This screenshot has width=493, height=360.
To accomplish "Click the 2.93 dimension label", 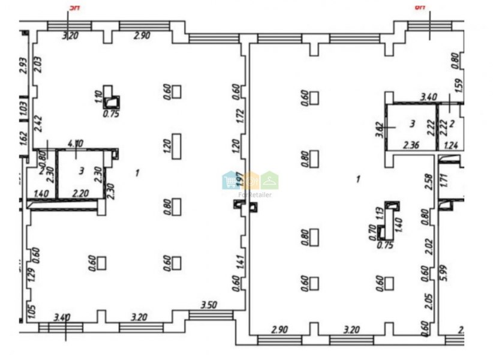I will click(23, 65).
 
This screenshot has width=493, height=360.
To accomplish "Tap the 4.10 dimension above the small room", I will click(76, 143).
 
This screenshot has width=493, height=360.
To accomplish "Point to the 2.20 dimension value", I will click(81, 193).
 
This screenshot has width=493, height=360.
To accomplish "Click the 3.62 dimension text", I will click(379, 130).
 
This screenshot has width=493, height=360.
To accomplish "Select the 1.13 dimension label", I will click(378, 214).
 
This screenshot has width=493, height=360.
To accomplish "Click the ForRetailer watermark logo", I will click(251, 181).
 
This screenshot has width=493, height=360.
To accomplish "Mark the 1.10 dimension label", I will click(97, 97).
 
